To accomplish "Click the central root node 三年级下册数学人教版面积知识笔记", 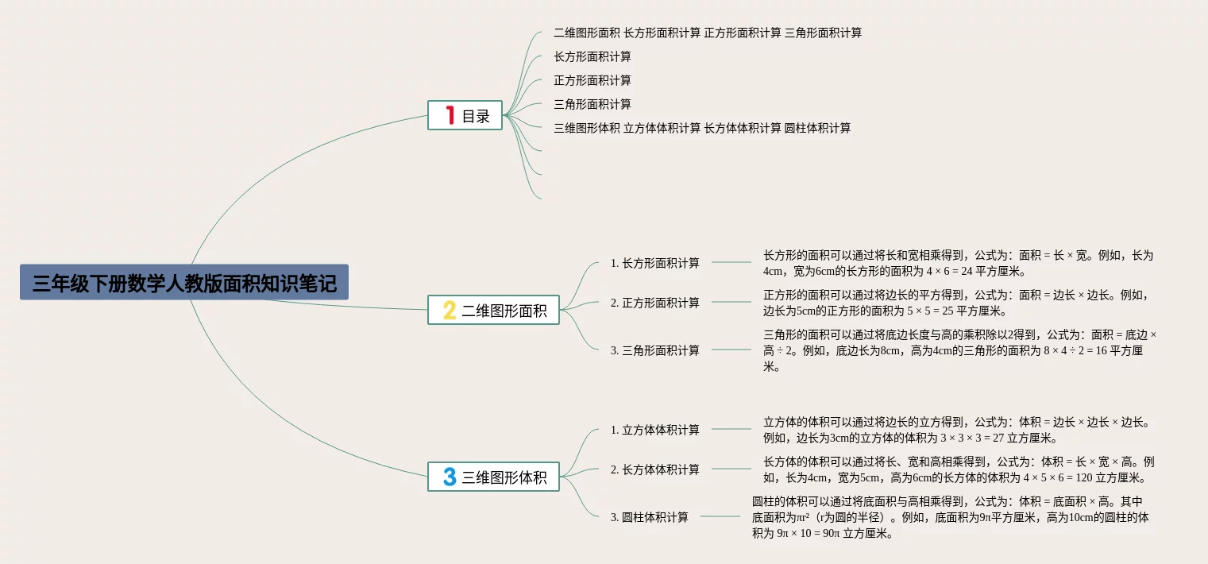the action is pyautogui.click(x=184, y=282).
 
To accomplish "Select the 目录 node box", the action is pyautogui.click(x=465, y=115).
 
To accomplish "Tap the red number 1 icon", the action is pyautogui.click(x=450, y=115).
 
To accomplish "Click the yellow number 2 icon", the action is pyautogui.click(x=450, y=311).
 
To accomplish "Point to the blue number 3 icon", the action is pyautogui.click(x=450, y=477).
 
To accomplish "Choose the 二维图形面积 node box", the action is pyautogui.click(x=493, y=311).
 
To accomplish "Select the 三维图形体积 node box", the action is pyautogui.click(x=493, y=477).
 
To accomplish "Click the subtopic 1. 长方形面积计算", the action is pyautogui.click(x=655, y=263).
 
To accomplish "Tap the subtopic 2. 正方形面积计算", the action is pyautogui.click(x=655, y=303).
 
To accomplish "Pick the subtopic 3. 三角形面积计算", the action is pyautogui.click(x=655, y=350).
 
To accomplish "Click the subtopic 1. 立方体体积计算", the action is pyautogui.click(x=655, y=430).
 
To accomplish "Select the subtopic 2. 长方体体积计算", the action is pyautogui.click(x=655, y=469).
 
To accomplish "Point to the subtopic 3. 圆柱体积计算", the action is pyautogui.click(x=650, y=517).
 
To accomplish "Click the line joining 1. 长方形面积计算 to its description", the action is pyautogui.click(x=731, y=263).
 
